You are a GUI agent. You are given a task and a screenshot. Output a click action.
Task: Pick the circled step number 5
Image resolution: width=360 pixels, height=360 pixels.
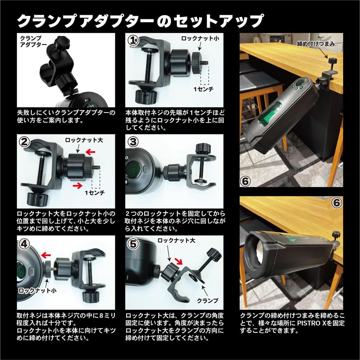(133, 243)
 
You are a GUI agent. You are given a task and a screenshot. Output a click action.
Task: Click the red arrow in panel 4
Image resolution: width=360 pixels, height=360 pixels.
(46, 254)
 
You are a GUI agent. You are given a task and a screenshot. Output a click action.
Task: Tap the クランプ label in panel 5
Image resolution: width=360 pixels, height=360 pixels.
(207, 301)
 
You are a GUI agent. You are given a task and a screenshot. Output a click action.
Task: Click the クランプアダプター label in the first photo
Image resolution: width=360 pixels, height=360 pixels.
(34, 41)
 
